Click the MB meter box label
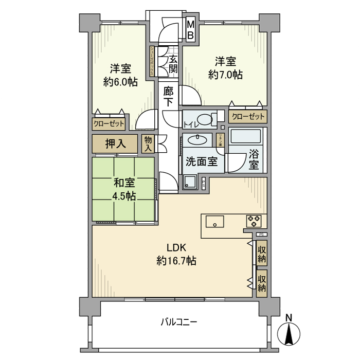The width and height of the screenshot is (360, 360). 190,30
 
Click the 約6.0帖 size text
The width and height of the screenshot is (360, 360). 120,81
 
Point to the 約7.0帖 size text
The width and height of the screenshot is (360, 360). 225,74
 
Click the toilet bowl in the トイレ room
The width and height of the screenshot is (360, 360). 207,120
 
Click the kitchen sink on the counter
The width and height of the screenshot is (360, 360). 214,222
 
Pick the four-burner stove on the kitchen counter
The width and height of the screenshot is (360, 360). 254,221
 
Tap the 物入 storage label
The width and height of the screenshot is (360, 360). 148,143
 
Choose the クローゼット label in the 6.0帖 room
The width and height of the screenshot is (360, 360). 109,123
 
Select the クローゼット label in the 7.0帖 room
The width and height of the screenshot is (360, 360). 248,117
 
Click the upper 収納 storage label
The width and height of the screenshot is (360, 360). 262,253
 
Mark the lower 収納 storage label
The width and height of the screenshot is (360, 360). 262,283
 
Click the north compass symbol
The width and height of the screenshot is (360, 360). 289,333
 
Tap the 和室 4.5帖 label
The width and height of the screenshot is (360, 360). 123,189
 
